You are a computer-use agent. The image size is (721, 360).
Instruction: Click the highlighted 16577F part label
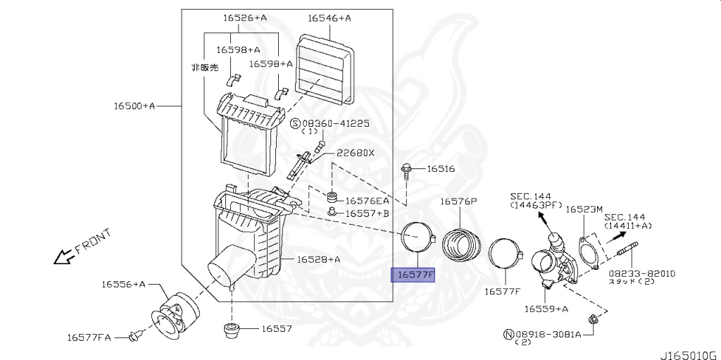(414, 275)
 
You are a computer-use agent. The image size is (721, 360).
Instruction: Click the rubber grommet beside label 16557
(231, 330)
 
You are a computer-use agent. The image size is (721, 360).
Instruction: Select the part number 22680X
(355, 153)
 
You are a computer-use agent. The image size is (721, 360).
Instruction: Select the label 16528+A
(318, 259)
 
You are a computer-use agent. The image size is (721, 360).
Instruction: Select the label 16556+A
(123, 284)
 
